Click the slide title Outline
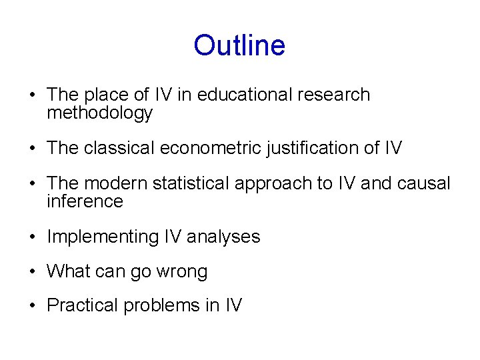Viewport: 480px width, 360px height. coord(239,46)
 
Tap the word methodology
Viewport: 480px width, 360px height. coord(100,114)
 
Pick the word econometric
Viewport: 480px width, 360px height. coord(208,148)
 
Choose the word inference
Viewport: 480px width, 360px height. coord(85,201)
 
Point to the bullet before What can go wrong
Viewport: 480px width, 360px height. coord(32,272)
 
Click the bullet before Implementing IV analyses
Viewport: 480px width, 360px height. coord(32,237)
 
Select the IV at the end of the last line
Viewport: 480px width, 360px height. coord(233,306)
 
